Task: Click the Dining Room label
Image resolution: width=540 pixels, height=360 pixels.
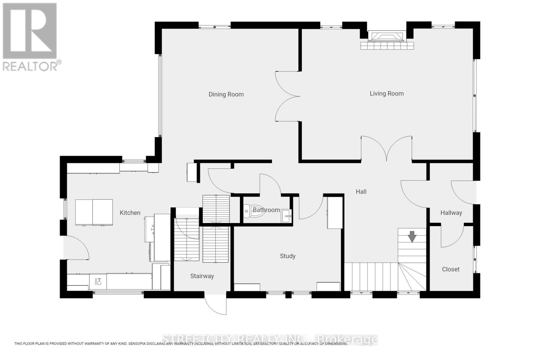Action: click(x=226, y=94)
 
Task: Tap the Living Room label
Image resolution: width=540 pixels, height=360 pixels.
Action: click(x=386, y=93)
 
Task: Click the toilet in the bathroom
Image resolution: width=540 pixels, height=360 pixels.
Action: click(x=250, y=211)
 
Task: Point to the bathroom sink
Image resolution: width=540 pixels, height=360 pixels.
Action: click(x=287, y=215)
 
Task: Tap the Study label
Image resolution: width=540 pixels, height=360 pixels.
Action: click(x=288, y=256)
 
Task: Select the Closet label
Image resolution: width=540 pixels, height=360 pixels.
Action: click(x=451, y=269)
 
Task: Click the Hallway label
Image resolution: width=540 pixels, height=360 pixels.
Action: click(x=451, y=213)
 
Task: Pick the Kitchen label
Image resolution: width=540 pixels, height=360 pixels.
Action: click(x=130, y=213)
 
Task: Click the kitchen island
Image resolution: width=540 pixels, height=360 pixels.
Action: click(x=94, y=212)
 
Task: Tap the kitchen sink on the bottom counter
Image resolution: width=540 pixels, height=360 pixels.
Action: click(x=98, y=281)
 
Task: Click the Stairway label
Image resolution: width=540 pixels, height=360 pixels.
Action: click(x=202, y=276)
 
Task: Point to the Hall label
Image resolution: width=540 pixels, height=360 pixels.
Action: click(x=361, y=192)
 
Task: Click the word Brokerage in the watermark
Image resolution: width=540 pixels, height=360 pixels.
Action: click(x=348, y=339)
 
